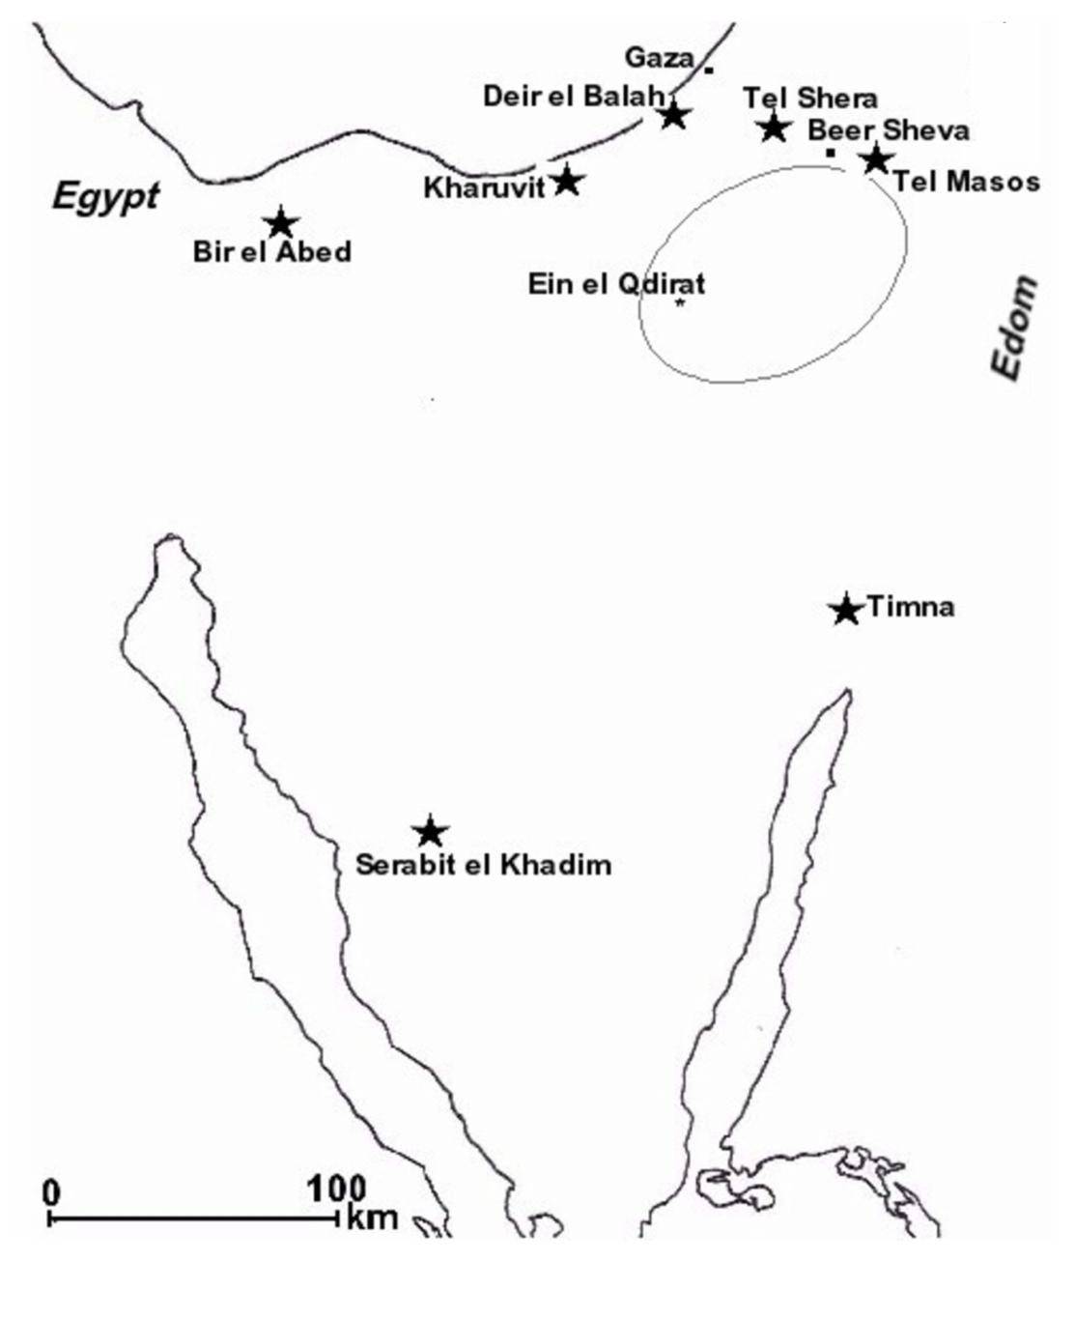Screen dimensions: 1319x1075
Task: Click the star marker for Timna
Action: click(845, 609)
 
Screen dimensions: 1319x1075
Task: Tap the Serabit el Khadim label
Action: click(483, 864)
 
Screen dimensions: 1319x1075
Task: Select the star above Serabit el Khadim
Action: click(430, 831)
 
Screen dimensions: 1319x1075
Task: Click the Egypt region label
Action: click(105, 196)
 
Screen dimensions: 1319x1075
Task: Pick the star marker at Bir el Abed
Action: click(280, 222)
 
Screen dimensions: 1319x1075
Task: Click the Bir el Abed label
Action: click(271, 252)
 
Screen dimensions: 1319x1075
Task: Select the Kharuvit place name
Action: click(484, 187)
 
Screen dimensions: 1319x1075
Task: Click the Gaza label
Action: click(659, 58)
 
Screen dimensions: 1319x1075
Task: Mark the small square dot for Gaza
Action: click(709, 70)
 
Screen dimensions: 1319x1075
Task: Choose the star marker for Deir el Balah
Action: click(674, 115)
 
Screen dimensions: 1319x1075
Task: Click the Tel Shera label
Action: click(810, 98)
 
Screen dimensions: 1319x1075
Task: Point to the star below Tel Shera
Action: click(773, 127)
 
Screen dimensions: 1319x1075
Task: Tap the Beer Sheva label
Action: click(889, 130)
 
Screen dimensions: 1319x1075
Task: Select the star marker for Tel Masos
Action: click(875, 159)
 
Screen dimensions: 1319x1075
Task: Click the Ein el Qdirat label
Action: click(616, 284)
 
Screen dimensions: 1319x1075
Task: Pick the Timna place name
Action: click(911, 607)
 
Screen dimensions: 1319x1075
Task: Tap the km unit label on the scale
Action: click(373, 1218)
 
